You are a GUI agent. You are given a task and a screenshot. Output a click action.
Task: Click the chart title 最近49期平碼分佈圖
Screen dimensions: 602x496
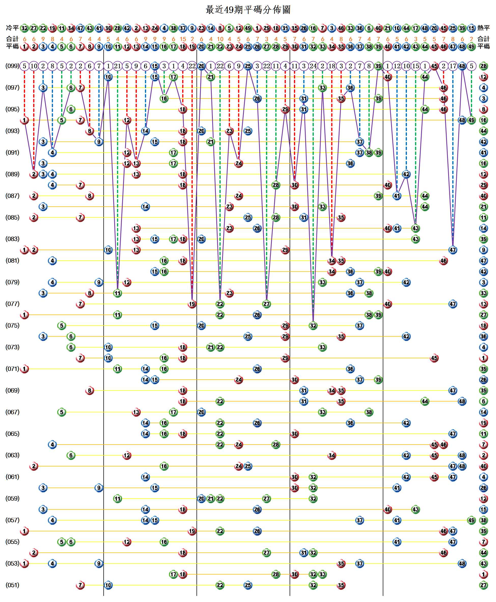tap(248, 10)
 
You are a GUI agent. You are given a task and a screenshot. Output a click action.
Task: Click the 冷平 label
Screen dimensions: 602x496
tap(12, 28)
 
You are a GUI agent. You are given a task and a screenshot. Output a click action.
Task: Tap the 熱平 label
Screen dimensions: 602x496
tap(484, 28)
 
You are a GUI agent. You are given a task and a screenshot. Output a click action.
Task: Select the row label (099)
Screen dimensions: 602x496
tap(12, 66)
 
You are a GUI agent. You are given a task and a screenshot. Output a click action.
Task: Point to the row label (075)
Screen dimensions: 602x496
tap(12, 325)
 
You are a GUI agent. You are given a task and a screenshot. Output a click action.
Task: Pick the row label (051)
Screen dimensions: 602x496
tap(12, 585)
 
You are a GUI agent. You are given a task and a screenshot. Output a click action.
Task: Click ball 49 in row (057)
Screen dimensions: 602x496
tap(471, 520)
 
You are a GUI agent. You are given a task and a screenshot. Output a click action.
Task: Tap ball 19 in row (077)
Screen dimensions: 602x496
tap(192, 304)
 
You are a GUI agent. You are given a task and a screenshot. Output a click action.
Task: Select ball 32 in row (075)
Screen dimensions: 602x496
tap(313, 325)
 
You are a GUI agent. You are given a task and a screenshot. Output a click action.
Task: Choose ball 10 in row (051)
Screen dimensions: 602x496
tap(108, 585)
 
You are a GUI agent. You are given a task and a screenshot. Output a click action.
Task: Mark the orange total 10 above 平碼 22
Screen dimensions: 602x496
tap(220, 39)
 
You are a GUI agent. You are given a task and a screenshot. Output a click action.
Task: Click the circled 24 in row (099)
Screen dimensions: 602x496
tap(313, 66)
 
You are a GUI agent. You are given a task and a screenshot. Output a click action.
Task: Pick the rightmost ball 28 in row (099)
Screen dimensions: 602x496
tap(484, 66)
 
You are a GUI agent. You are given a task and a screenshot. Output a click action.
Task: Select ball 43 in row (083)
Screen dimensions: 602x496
tap(415, 239)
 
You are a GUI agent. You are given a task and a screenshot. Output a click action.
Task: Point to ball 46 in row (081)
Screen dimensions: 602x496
tap(443, 261)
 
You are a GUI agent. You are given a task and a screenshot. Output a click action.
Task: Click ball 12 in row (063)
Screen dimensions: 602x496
tap(127, 455)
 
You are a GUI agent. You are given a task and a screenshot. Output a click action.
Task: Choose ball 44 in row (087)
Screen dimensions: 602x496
tap(425, 196)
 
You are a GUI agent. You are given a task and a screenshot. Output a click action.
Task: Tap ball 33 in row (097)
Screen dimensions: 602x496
tap(322, 88)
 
